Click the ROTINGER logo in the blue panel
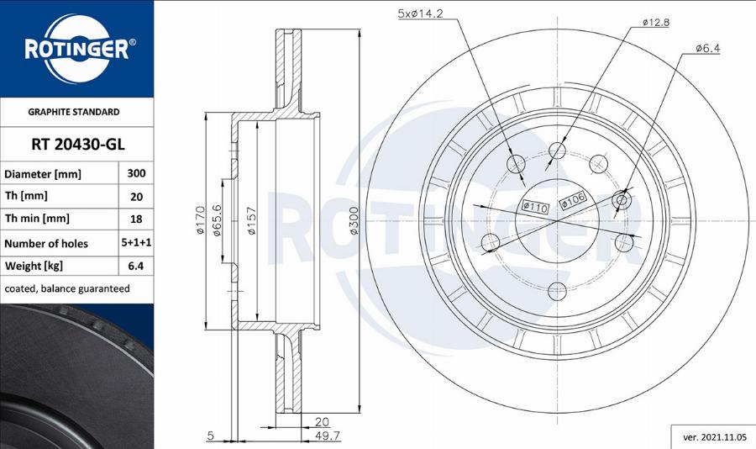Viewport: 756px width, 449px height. click(x=77, y=48)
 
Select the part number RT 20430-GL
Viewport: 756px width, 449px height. click(x=77, y=145)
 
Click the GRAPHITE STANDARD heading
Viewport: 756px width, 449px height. click(x=74, y=112)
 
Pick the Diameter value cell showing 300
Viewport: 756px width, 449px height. click(x=136, y=173)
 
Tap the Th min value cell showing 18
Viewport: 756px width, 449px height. click(x=136, y=219)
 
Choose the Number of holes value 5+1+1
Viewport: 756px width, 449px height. click(x=136, y=242)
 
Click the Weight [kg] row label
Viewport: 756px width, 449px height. click(x=34, y=266)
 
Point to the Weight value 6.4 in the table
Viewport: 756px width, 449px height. click(x=136, y=266)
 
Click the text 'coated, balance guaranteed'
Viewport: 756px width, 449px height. click(x=67, y=288)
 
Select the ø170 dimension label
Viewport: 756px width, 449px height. click(x=201, y=220)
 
